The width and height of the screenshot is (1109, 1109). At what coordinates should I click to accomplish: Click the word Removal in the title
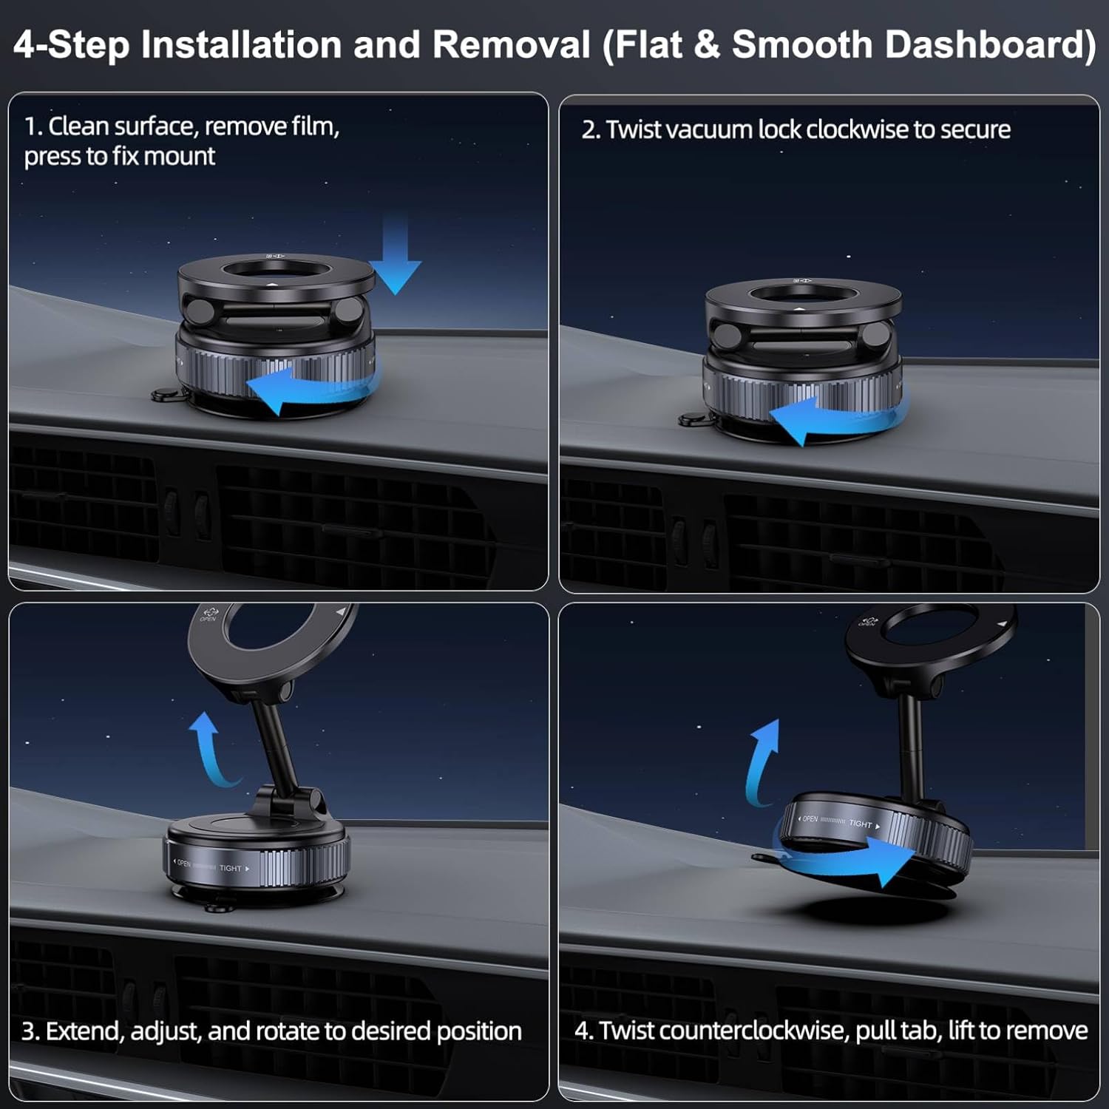[511, 44]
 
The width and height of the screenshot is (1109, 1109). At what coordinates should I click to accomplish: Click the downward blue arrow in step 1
[396, 255]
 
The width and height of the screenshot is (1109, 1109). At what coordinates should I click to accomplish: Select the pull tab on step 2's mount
[691, 420]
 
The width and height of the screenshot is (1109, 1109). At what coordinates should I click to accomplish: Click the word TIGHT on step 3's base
[231, 868]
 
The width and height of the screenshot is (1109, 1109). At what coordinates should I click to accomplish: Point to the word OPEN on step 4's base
[810, 818]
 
